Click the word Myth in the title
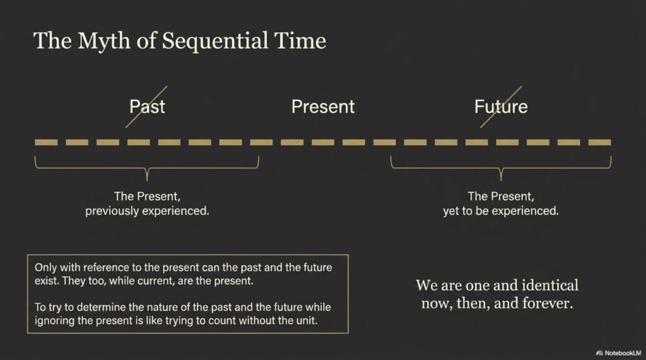point(104,41)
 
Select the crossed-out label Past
point(147,107)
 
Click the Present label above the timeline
point(323,107)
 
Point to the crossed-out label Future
point(501,107)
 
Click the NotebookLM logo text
point(623,353)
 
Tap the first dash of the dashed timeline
point(46,142)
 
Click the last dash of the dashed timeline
point(599,142)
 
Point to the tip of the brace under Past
point(147,180)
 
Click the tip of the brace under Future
point(501,180)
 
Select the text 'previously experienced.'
point(147,211)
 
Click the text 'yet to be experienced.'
point(501,211)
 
